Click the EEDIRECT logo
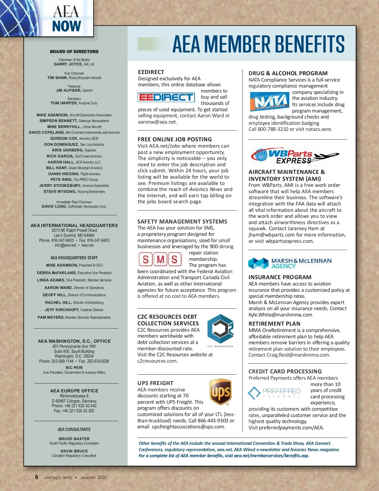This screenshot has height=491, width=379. coord(166,97)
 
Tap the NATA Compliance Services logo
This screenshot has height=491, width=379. coord(269,101)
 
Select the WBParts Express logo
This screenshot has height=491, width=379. coord(295,156)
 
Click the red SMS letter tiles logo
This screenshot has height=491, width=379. coord(160,259)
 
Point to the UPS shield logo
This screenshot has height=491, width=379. coord(220,392)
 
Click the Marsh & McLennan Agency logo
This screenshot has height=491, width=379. coord(290,263)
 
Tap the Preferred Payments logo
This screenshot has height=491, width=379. coord(274,393)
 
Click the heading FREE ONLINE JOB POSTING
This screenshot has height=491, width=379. coord(175,139)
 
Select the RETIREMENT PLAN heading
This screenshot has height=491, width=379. coord(274,324)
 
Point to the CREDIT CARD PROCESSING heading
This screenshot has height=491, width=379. coord(285,371)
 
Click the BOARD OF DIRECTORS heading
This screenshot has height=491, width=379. coord(74,52)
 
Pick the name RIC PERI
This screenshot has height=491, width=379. coord(74,368)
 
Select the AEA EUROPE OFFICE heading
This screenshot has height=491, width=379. coord(74,391)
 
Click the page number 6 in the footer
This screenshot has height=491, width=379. coord(37,477)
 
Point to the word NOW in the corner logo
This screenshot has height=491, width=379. coord(67,26)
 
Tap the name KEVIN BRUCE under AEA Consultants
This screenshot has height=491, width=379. coord(74,451)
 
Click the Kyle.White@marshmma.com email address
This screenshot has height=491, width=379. coord(280,315)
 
